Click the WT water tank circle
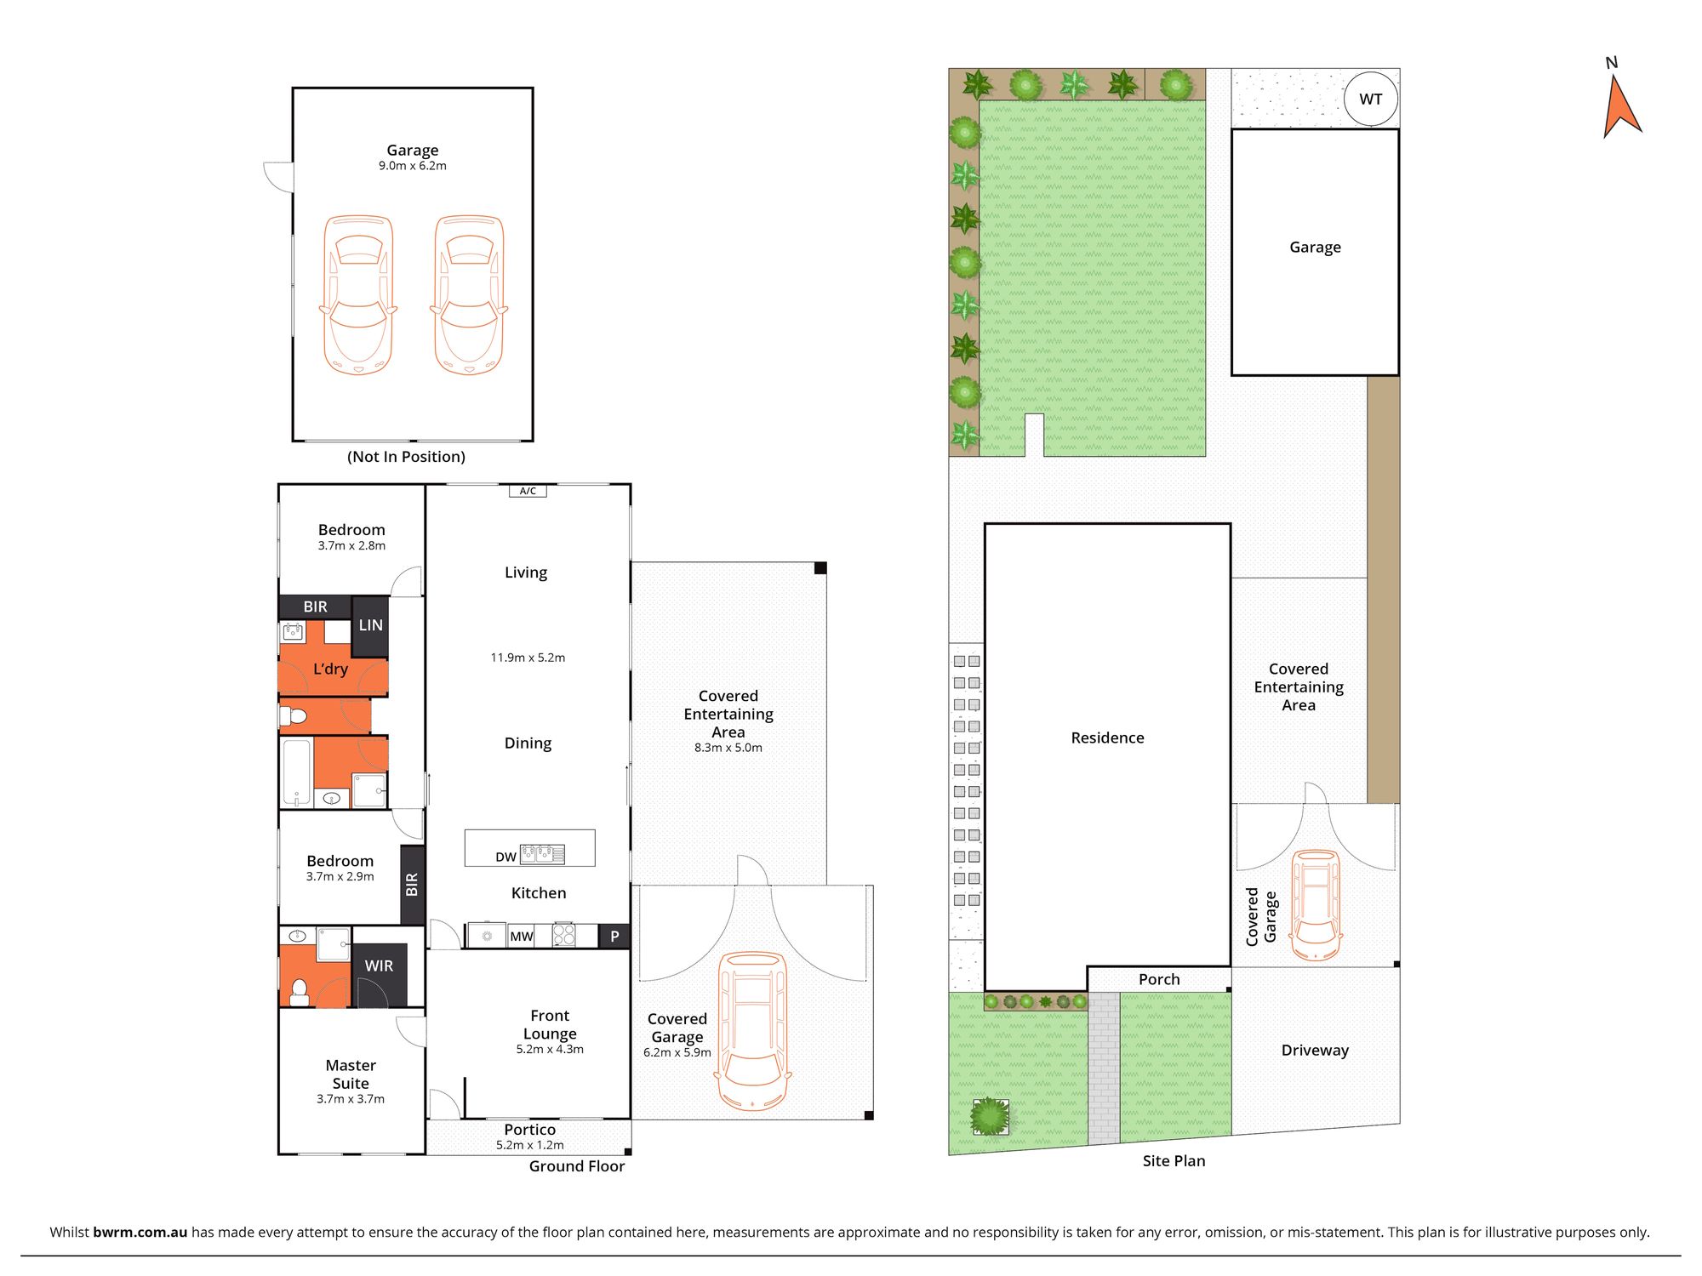coord(1370,100)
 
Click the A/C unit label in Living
coord(528,491)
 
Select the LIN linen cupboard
coord(370,625)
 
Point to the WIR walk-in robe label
coord(379,966)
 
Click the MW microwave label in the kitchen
coord(521,937)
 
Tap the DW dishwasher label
coord(505,857)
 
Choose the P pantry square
coord(614,937)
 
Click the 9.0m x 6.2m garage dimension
coord(413,166)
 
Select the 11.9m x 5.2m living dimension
coord(528,658)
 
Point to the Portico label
coord(529,1130)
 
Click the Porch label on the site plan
coord(1159,979)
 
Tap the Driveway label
coord(1315,1051)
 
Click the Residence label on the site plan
coord(1107,738)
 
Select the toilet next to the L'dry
coord(294,716)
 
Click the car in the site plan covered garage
coord(1316,906)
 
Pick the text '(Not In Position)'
coord(406,457)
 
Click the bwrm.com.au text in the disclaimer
coord(140,1232)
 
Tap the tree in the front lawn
coord(990,1116)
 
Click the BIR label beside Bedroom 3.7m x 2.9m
coord(413,885)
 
